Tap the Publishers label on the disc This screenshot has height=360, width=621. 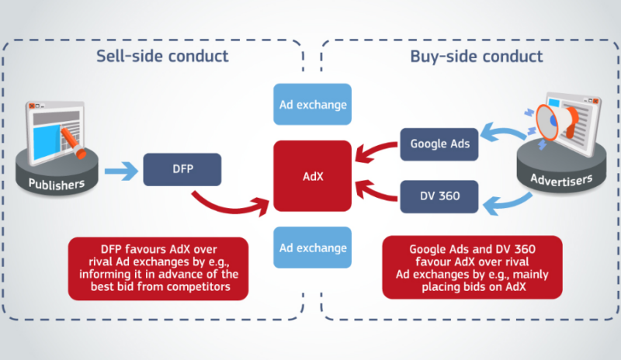tap(57, 184)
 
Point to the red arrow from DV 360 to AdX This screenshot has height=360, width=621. tap(373, 192)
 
